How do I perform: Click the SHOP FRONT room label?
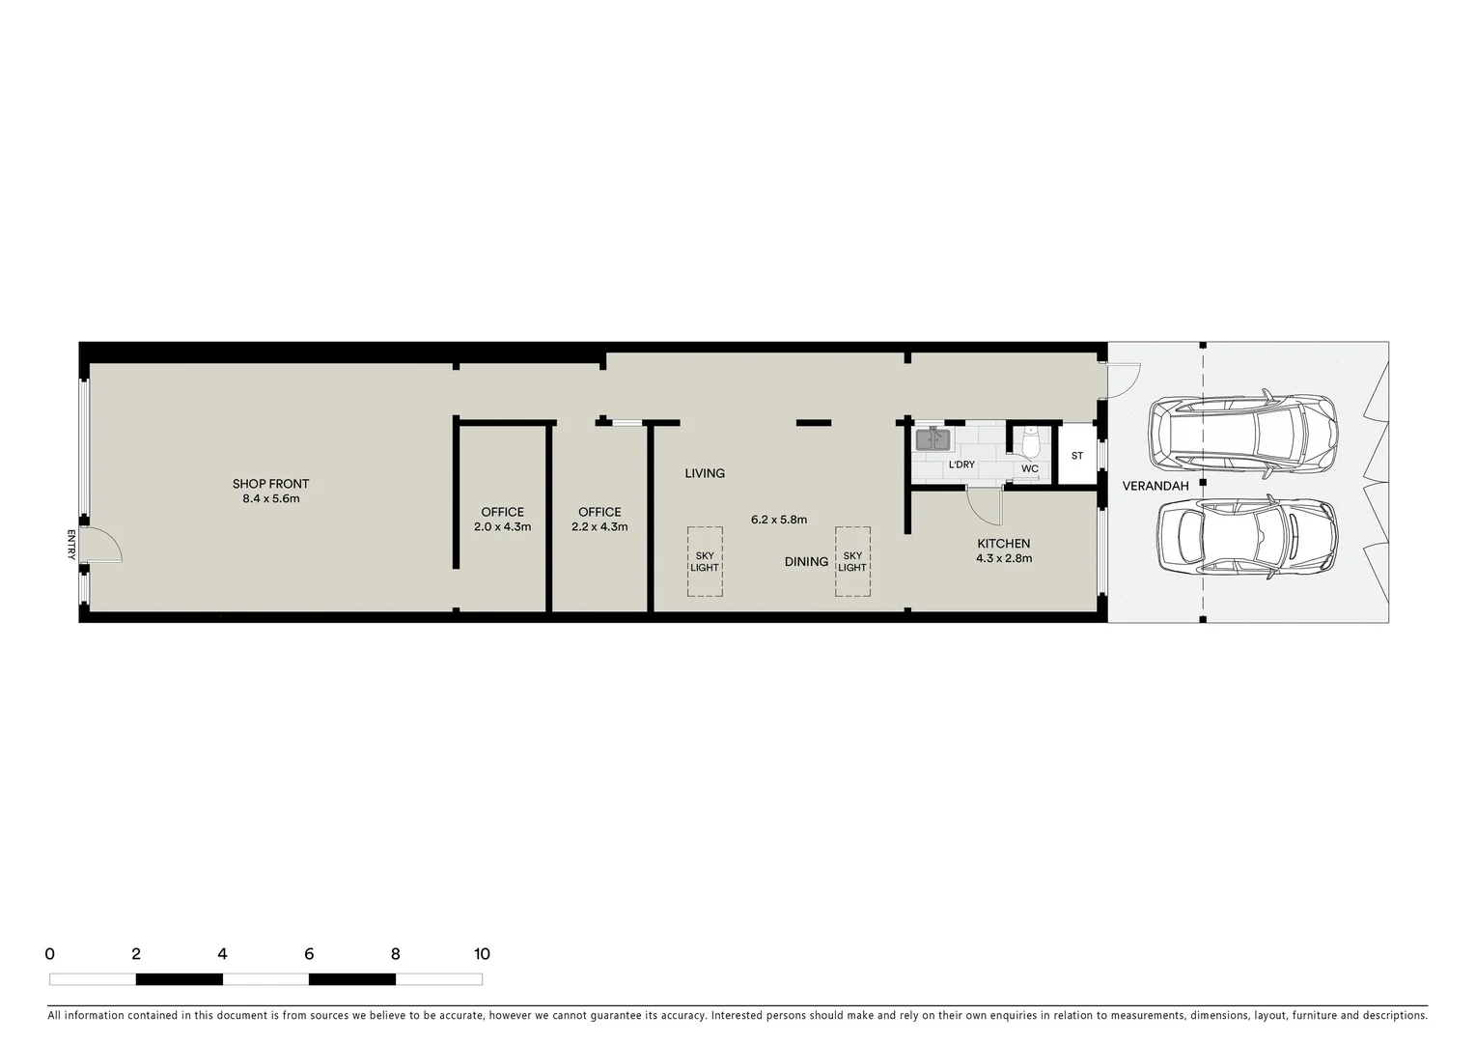tap(270, 484)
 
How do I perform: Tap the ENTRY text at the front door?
tap(71, 545)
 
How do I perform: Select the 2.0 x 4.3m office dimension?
tap(502, 527)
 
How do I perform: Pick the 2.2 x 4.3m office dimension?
tap(599, 527)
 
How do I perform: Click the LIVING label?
tap(705, 473)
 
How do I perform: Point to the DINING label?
tap(806, 561)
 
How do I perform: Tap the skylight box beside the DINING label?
tap(852, 561)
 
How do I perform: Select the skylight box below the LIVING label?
tap(705, 561)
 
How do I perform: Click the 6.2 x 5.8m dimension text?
tap(778, 520)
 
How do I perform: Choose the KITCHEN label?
tap(1004, 544)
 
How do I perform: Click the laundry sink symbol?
tap(933, 439)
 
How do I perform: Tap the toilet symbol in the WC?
tap(1030, 443)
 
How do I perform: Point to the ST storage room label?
tap(1077, 456)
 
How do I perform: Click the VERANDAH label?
tap(1156, 486)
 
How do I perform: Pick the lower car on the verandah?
tap(1247, 538)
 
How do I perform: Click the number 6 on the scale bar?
tap(309, 954)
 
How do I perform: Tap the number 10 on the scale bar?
tap(482, 954)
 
